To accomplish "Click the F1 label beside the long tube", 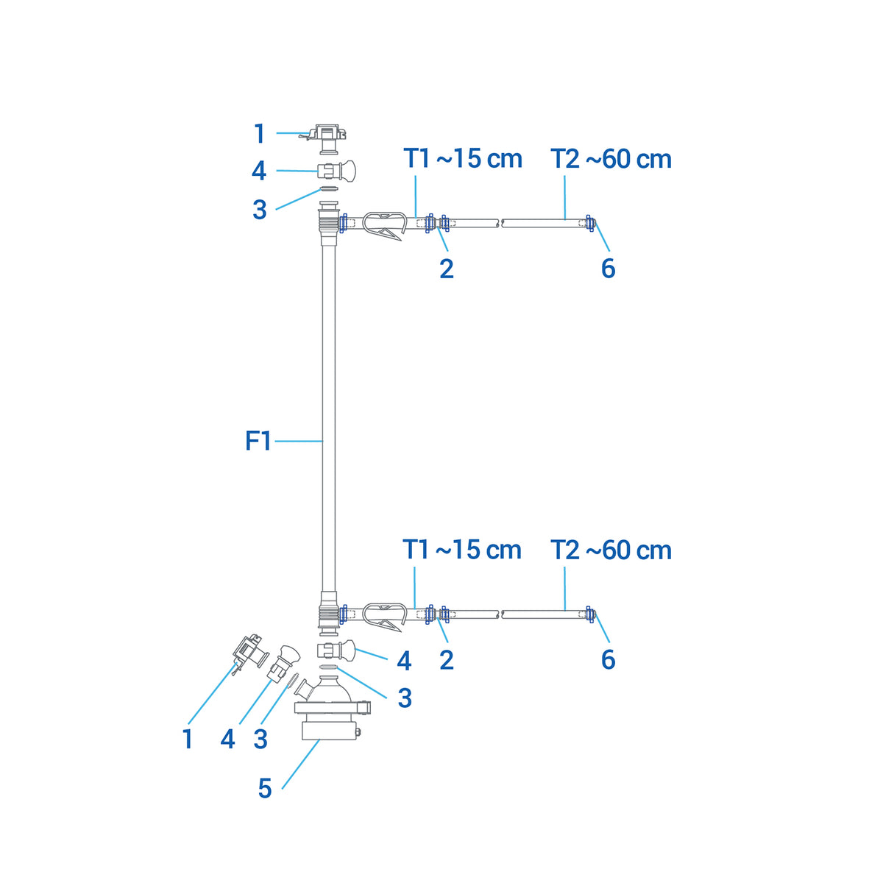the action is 258,441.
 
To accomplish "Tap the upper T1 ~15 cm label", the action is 463,158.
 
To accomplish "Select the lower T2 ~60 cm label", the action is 611,550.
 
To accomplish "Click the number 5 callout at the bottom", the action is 265,789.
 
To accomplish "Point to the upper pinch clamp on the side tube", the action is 385,224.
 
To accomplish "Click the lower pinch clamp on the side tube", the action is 385,617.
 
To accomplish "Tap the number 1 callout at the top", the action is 260,134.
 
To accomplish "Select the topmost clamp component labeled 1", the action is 326,138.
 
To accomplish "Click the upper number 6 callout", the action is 608,268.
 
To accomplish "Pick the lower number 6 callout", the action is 608,659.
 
